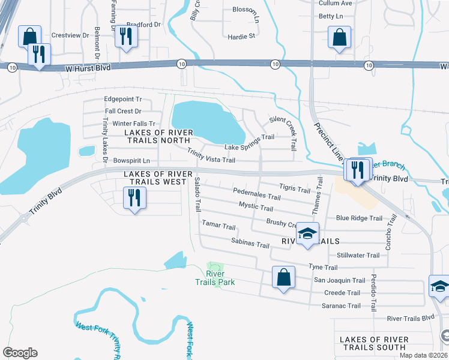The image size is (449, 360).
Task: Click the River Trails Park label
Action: click(214, 278)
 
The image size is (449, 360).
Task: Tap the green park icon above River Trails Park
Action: click(214, 267)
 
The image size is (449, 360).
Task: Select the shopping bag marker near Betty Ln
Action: click(339, 37)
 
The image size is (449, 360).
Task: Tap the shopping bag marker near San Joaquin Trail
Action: click(283, 278)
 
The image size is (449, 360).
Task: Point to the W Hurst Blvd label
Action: click(88, 68)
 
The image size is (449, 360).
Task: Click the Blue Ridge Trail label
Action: click(359, 218)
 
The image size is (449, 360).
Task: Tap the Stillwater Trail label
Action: click(358, 255)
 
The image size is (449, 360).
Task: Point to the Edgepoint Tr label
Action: click(122, 99)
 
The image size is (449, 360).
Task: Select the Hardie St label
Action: click(241, 36)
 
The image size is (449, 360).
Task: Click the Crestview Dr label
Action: click(70, 35)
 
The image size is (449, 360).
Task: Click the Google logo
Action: click(20, 353)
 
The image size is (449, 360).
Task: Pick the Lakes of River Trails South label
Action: click(373, 343)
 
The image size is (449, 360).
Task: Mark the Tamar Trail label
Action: click(218, 226)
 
